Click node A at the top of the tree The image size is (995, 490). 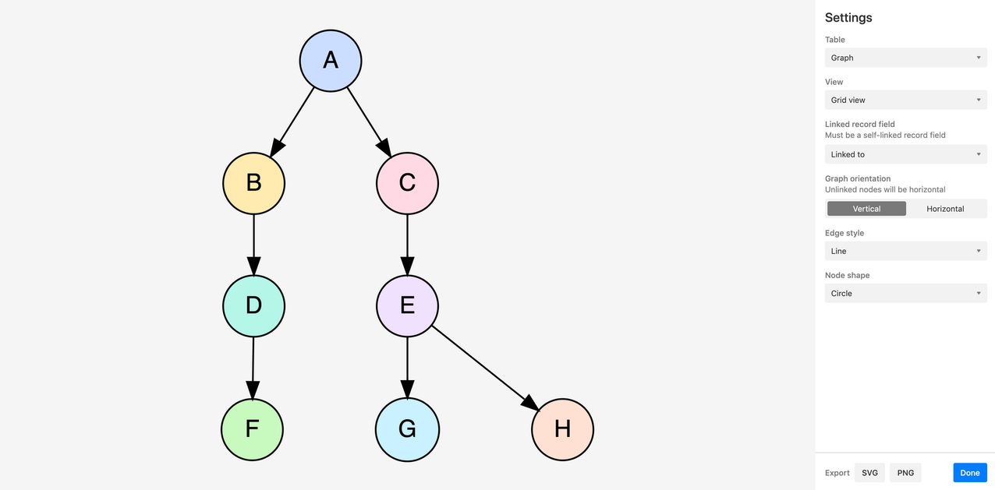[331, 61]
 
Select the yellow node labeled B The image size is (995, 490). [253, 183]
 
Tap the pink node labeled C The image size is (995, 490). [407, 183]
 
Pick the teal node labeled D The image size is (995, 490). [253, 306]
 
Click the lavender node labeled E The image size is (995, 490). [407, 306]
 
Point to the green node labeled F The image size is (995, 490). [253, 429]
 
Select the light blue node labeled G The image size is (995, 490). [407, 429]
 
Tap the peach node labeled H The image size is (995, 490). [562, 429]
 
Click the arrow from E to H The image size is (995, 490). [486, 368]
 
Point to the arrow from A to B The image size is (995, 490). [292, 122]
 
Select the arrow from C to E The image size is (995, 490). [407, 245]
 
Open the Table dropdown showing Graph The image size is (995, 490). [906, 58]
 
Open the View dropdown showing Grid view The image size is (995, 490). [906, 100]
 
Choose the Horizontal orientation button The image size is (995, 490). [945, 209]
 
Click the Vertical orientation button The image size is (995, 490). [866, 209]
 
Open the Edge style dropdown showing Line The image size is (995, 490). [906, 251]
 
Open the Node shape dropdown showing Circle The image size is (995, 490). [906, 294]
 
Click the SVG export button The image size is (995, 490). [869, 473]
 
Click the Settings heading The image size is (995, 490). [848, 18]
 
